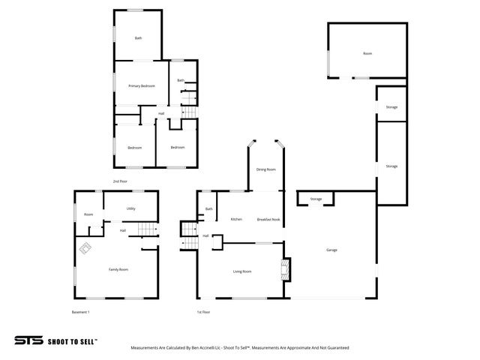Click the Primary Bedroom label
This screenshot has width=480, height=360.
click(141, 86)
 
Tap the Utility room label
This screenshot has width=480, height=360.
click(130, 209)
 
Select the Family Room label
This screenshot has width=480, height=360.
click(118, 268)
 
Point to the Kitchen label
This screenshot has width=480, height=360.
click(236, 219)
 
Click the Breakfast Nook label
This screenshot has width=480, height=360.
click(268, 219)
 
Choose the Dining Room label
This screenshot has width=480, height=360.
click(266, 169)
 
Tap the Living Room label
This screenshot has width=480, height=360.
click(241, 271)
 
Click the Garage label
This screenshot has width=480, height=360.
click(331, 250)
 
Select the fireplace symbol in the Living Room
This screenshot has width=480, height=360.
click(284, 270)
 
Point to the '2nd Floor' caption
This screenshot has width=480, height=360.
click(120, 181)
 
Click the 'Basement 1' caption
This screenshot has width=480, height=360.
click(80, 311)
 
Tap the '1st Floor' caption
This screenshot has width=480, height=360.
click(203, 311)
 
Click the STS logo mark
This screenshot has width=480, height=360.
click(28, 340)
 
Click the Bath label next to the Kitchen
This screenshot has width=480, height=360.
click(209, 209)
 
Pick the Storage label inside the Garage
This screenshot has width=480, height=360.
click(316, 199)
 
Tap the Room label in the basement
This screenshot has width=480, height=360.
click(88, 214)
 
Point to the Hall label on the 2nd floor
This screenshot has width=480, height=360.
click(161, 114)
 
